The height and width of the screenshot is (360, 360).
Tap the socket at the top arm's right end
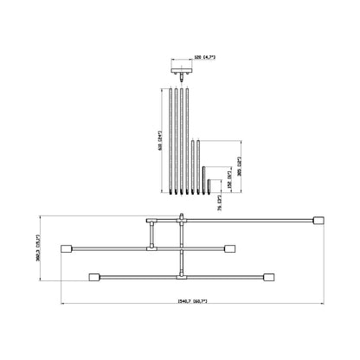coord(317,220)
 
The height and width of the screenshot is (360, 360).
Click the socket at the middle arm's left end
coord(67,249)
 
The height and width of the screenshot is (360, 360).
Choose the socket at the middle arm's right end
coord(229,249)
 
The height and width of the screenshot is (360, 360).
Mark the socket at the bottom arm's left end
coord(93,278)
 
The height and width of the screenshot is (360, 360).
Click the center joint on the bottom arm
coord(181,278)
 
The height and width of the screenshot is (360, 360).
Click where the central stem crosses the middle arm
coord(181,249)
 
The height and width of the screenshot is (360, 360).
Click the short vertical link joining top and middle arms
coord(150,235)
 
